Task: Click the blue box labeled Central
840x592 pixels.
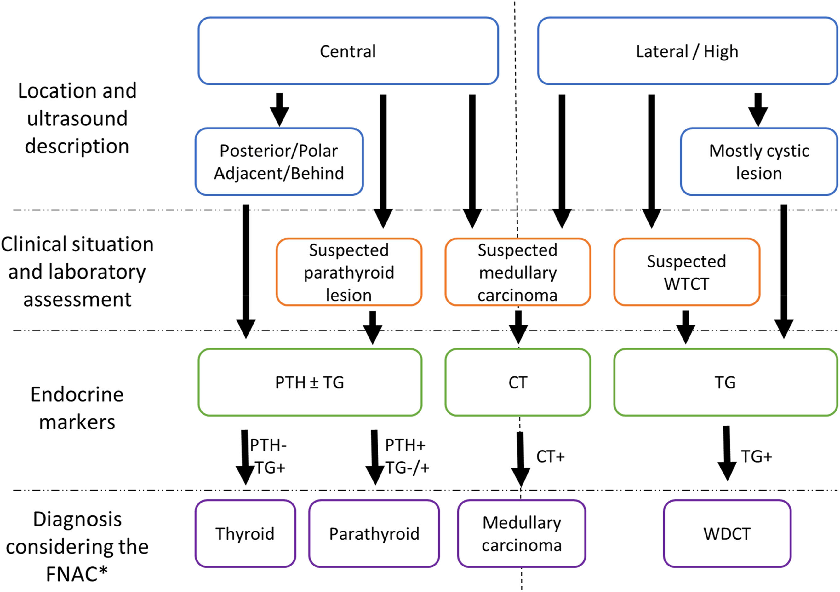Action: click(348, 51)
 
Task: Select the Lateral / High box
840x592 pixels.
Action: click(687, 51)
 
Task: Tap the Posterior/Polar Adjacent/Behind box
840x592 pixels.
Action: click(279, 162)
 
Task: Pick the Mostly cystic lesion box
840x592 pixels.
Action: click(759, 162)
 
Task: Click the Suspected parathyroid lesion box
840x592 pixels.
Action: click(349, 272)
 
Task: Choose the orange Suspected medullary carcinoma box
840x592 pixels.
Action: click(517, 272)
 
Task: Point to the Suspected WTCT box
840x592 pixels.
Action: click(686, 272)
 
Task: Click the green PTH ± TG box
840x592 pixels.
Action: click(310, 382)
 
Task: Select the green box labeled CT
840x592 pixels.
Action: click(517, 382)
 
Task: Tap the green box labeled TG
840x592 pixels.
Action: click(725, 382)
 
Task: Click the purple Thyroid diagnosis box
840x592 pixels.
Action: click(245, 534)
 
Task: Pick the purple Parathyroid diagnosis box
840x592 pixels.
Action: click(374, 534)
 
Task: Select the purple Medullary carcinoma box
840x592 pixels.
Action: click(521, 534)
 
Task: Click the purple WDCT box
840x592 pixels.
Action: click(727, 534)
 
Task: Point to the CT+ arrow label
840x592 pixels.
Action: click(550, 457)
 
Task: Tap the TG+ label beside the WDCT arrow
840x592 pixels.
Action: click(756, 457)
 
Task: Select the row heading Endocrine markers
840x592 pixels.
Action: click(77, 408)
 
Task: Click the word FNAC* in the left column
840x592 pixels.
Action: click(77, 574)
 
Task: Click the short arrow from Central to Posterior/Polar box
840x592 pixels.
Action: click(279, 109)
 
